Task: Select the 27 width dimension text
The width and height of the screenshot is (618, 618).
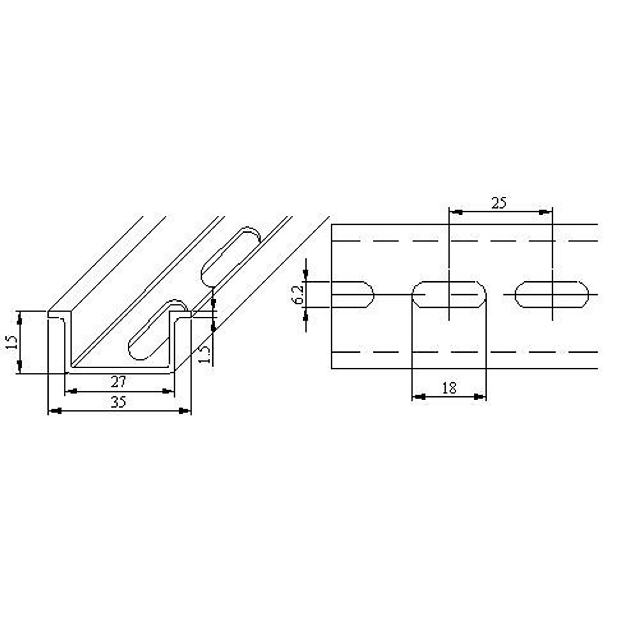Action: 119,382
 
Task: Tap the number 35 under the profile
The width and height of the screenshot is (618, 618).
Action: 119,402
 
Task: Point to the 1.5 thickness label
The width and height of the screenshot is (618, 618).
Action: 204,354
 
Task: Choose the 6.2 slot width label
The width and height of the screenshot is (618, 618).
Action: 297,295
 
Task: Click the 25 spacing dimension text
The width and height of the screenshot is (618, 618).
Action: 498,203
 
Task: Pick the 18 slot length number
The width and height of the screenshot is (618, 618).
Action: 449,388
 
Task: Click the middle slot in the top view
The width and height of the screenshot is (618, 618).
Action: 449,295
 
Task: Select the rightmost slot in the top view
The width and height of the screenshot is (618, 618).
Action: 552,295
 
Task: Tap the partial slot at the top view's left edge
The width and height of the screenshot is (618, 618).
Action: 352,295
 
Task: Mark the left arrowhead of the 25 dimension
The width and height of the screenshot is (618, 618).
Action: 455,211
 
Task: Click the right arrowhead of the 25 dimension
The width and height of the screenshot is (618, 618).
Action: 545,211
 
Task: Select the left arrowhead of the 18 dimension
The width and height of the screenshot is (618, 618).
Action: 418,397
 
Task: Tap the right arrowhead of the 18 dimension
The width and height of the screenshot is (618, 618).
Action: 480,397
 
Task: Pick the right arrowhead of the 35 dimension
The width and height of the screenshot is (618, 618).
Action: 185,411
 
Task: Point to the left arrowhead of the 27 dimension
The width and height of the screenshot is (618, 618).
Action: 72,391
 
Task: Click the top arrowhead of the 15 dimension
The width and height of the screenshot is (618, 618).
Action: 20,318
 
